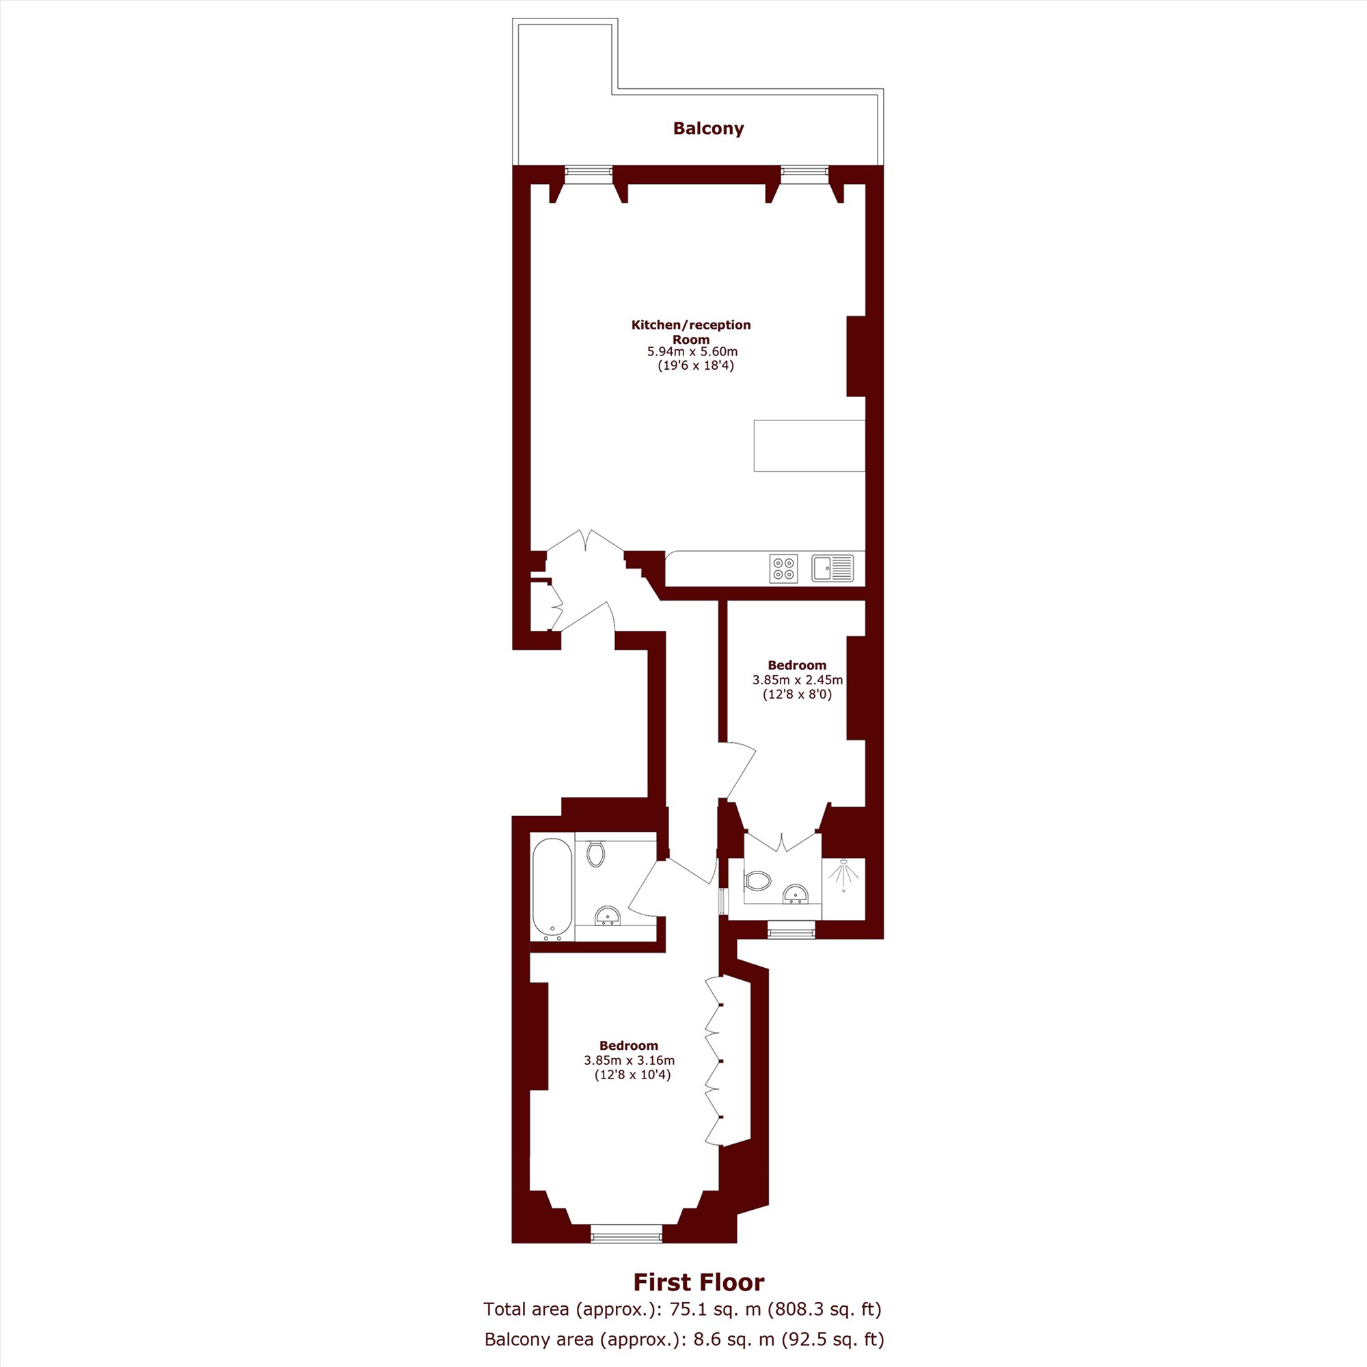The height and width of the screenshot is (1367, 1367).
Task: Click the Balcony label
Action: point(708,128)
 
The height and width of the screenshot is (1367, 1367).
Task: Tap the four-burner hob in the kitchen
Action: point(783,568)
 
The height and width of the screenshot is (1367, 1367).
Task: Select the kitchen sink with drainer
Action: point(833,567)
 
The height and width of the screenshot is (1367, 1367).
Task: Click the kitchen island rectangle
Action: point(809,446)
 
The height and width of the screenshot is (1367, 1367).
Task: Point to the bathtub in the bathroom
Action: point(552,889)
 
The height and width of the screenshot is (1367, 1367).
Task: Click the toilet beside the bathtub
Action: point(596,852)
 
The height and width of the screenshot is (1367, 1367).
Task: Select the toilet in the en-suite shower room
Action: point(757,881)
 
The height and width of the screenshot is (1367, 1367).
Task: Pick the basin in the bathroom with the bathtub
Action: point(606,917)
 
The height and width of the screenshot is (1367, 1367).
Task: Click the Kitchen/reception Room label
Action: point(691,332)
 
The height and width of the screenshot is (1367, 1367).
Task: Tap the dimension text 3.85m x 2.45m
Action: point(798,680)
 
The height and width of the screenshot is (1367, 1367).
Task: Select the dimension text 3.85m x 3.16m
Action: point(629,1061)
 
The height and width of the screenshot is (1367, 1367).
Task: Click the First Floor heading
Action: point(699,1282)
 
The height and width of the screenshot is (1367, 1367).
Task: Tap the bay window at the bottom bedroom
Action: point(627,1237)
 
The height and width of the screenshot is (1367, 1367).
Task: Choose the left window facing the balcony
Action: point(588,170)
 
